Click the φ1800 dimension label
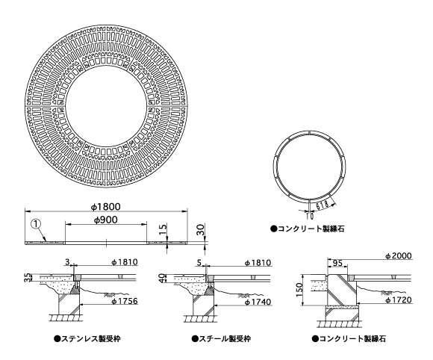(106, 206)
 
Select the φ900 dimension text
(106, 220)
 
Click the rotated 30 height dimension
(201, 229)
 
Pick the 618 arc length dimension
(322, 205)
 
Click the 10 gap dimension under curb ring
(310, 217)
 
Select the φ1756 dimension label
(124, 301)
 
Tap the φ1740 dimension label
(258, 302)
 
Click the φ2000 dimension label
(399, 256)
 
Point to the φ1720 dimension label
(399, 300)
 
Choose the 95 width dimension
(337, 263)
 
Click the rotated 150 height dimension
(299, 290)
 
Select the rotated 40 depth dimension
(162, 278)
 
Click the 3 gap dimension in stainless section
(67, 262)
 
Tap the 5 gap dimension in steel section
(199, 262)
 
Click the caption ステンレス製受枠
(87, 339)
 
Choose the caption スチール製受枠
(221, 339)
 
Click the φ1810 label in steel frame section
(258, 262)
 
